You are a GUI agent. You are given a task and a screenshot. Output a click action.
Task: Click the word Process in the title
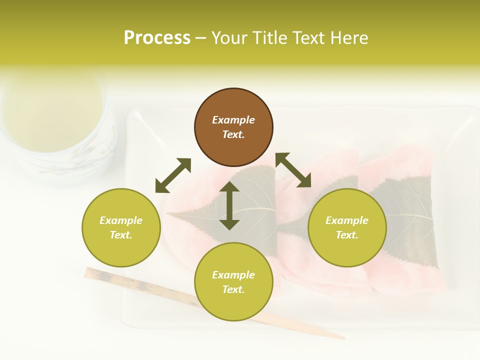157,38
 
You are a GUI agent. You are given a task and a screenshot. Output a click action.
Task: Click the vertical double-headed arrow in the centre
229,206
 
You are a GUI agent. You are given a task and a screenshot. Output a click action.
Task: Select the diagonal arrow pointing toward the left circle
173,175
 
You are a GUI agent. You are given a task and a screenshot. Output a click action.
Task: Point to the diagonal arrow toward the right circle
293,170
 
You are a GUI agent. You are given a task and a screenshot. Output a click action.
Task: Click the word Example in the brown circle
233,120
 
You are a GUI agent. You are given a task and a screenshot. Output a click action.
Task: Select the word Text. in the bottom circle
233,289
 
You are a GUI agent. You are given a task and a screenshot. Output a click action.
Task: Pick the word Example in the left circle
121,220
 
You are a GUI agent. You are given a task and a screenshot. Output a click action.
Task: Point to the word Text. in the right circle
347,235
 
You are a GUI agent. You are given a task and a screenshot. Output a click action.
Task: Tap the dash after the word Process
201,38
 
